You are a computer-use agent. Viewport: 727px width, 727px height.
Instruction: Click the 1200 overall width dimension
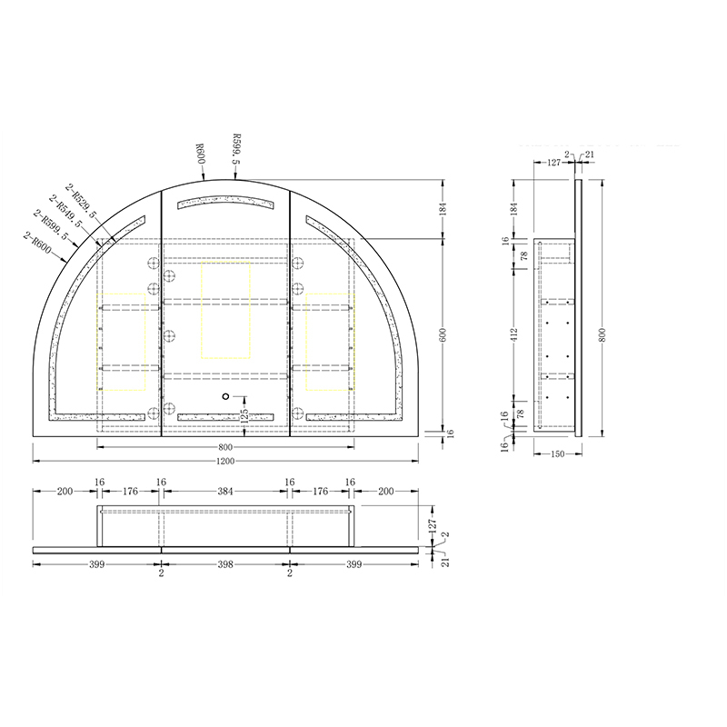click(x=225, y=461)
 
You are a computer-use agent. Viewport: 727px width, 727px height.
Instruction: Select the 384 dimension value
click(x=225, y=491)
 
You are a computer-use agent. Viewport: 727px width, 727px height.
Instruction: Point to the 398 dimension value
click(x=225, y=564)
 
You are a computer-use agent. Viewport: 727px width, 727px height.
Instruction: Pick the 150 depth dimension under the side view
click(x=558, y=453)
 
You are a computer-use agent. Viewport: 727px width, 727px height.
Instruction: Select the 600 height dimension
click(x=443, y=334)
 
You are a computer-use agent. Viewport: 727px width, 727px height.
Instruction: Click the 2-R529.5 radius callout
click(x=81, y=200)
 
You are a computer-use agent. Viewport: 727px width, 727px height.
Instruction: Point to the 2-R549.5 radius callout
click(x=65, y=211)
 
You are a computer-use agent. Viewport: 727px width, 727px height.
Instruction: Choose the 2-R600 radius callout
click(x=37, y=242)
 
